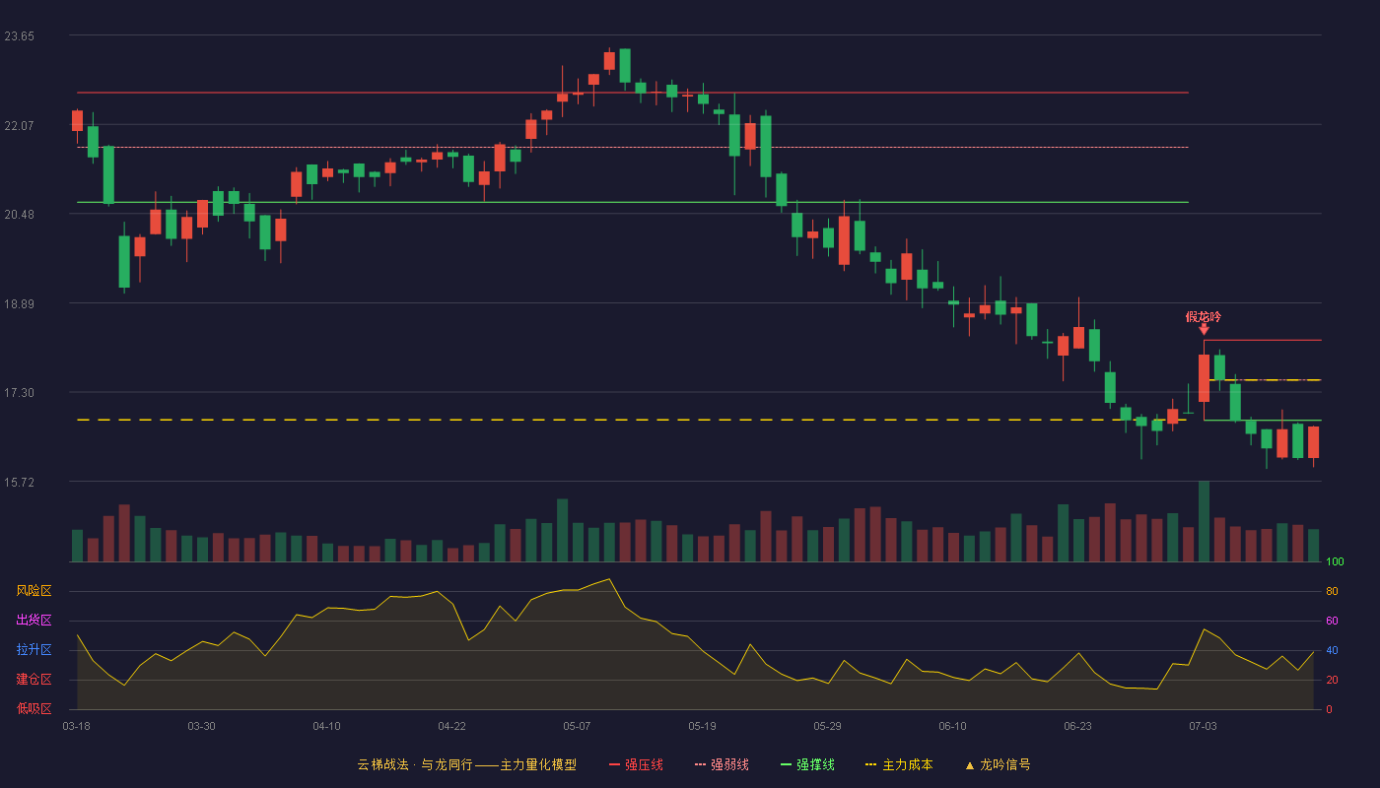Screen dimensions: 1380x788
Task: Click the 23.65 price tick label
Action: click(x=19, y=36)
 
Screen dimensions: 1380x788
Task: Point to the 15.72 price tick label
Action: click(x=19, y=482)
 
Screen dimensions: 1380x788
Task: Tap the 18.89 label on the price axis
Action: click(x=19, y=304)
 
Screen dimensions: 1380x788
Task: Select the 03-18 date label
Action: click(x=77, y=727)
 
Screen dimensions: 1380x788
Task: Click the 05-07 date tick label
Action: click(x=577, y=727)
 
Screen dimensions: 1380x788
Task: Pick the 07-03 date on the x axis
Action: click(x=1203, y=727)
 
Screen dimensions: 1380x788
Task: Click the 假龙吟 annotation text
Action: click(x=1204, y=317)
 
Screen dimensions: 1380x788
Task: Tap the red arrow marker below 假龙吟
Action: click(x=1204, y=330)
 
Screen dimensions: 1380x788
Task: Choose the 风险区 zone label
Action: click(x=34, y=591)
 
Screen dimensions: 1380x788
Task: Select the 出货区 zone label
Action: click(x=34, y=620)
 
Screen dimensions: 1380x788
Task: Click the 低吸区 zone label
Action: click(x=34, y=708)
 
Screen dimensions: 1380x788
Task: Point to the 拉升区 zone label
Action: click(x=34, y=649)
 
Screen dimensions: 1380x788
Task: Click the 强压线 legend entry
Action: click(x=636, y=765)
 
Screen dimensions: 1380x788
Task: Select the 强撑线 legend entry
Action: click(x=807, y=765)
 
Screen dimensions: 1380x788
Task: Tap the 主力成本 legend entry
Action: click(x=899, y=765)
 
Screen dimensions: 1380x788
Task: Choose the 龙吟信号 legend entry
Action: click(x=998, y=765)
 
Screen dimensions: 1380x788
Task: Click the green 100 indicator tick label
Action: click(x=1335, y=561)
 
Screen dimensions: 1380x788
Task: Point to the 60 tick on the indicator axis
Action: click(x=1332, y=621)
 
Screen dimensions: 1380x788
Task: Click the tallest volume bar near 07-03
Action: click(x=1204, y=521)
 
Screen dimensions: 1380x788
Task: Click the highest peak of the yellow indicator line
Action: click(x=609, y=579)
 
